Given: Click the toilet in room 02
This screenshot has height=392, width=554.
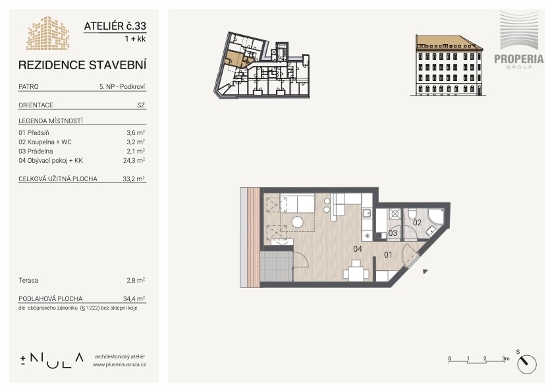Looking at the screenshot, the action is coord(411,214).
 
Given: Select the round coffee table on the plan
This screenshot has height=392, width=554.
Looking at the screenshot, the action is coord(298,222).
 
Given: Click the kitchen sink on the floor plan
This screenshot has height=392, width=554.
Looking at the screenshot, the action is coord(366,213).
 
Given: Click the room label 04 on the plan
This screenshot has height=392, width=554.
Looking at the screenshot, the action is coord(358,249).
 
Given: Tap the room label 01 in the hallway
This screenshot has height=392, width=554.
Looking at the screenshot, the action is coord(388,254).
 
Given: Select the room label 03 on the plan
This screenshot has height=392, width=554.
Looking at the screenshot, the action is coord(393,233).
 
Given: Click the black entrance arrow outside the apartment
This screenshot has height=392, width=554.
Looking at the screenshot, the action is coord(426,271).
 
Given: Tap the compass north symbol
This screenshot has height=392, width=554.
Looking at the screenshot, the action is coord(527,364).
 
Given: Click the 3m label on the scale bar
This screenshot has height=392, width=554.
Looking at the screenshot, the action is coord(506,358).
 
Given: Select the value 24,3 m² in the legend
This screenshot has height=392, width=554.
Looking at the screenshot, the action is coord(136,160).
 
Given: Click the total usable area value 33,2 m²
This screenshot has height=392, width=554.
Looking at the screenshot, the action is coord(134,179).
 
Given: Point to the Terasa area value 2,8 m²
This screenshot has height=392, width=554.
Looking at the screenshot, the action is coord(136,280).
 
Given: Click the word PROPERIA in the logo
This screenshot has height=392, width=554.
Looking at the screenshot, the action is coord(518,59).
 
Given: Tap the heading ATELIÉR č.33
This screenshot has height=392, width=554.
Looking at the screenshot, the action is coord(115,26).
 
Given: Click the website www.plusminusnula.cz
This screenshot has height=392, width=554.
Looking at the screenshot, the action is coord(119,364).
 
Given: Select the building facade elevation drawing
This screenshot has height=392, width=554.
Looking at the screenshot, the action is coord(448,65).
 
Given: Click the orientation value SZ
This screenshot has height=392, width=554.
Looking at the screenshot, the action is coord(141,105).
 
